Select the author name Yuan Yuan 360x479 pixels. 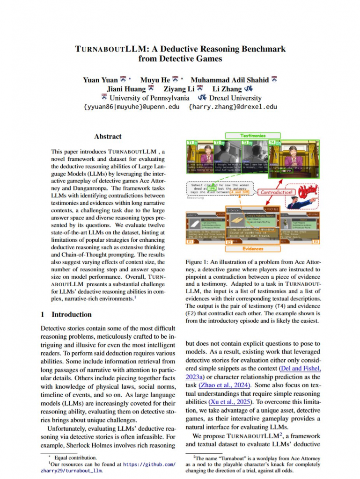coord(100,80)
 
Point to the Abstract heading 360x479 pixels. coord(108,137)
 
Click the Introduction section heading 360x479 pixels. coord(71,314)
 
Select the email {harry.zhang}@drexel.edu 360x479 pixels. coord(233,107)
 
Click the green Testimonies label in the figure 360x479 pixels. coord(253,136)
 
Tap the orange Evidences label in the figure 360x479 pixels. coord(253,249)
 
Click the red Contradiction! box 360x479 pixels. coord(277,192)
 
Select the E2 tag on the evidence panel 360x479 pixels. coord(230,242)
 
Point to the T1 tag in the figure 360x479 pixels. coord(191,142)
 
